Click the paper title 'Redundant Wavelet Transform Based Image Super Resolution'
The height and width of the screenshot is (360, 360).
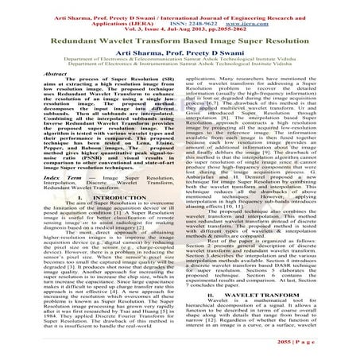pyautogui.click(x=180, y=37)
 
